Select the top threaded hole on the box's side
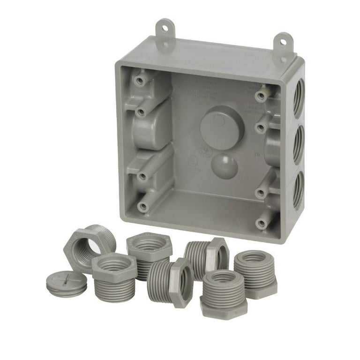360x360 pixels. tap(299, 97)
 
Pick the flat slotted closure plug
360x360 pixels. tap(67, 283)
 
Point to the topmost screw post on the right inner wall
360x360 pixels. tap(261, 96)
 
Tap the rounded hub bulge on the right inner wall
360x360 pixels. tap(275, 150)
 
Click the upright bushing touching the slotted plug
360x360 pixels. tap(114, 277)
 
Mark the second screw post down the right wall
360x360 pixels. tap(260, 127)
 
